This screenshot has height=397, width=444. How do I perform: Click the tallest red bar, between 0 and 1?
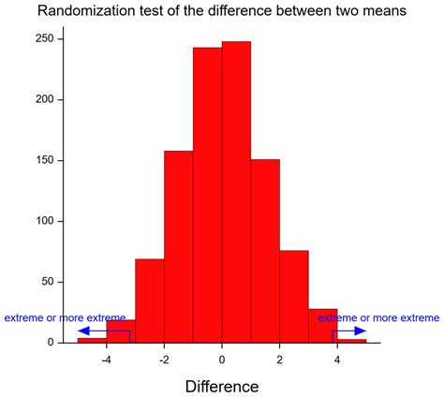pyautogui.click(x=236, y=192)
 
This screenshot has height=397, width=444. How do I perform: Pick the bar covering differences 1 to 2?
pyautogui.click(x=265, y=251)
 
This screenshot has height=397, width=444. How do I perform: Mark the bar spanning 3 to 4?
pyautogui.click(x=322, y=326)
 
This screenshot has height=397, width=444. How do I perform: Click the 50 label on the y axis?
pyautogui.click(x=48, y=282)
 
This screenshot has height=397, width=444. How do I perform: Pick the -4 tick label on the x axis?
pyautogui.click(x=106, y=360)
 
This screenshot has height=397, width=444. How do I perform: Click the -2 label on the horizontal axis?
pyautogui.click(x=163, y=360)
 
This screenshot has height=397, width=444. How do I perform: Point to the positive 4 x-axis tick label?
pyautogui.click(x=337, y=360)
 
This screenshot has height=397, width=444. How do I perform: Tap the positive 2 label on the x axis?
pyautogui.click(x=279, y=360)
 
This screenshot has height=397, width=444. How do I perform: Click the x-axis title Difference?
pyautogui.click(x=222, y=385)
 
